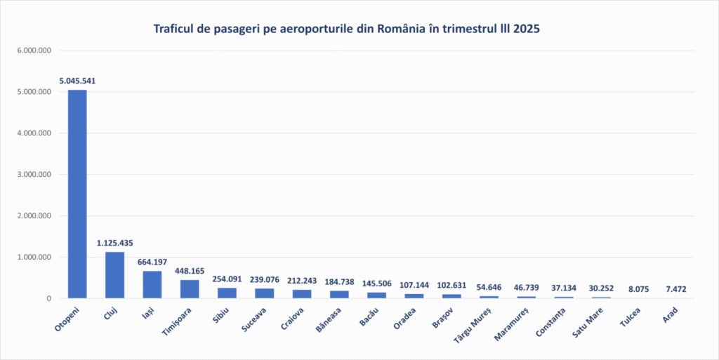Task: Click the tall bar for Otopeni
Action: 77,194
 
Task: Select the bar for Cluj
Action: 114,275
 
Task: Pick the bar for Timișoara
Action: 190,289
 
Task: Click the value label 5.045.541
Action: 77,81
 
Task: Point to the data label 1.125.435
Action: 114,243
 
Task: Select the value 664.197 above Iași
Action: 152,262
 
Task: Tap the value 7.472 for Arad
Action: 675,289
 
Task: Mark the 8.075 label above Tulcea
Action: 638,289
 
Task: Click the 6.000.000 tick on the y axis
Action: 34,51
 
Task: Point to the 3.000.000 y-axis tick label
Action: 34,175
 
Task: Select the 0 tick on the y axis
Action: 49,299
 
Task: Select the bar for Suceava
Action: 264,293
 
